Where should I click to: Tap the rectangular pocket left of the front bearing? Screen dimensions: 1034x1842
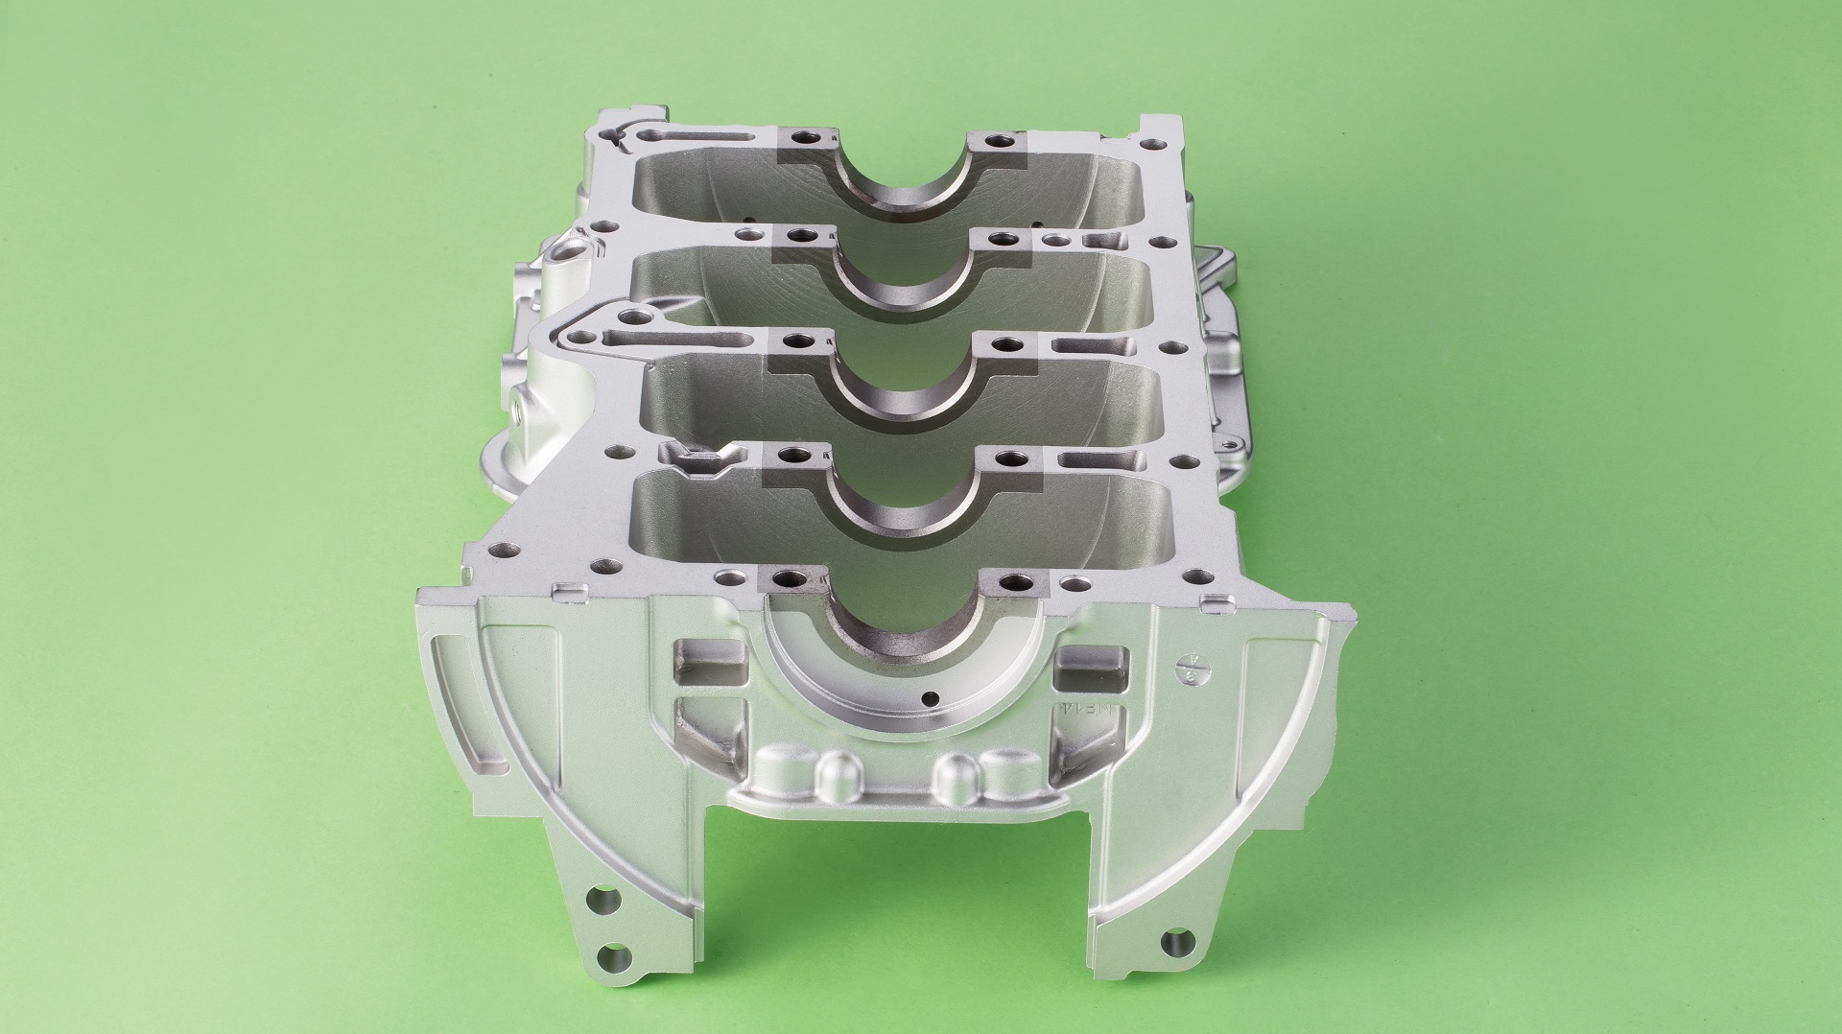coord(711,662)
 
